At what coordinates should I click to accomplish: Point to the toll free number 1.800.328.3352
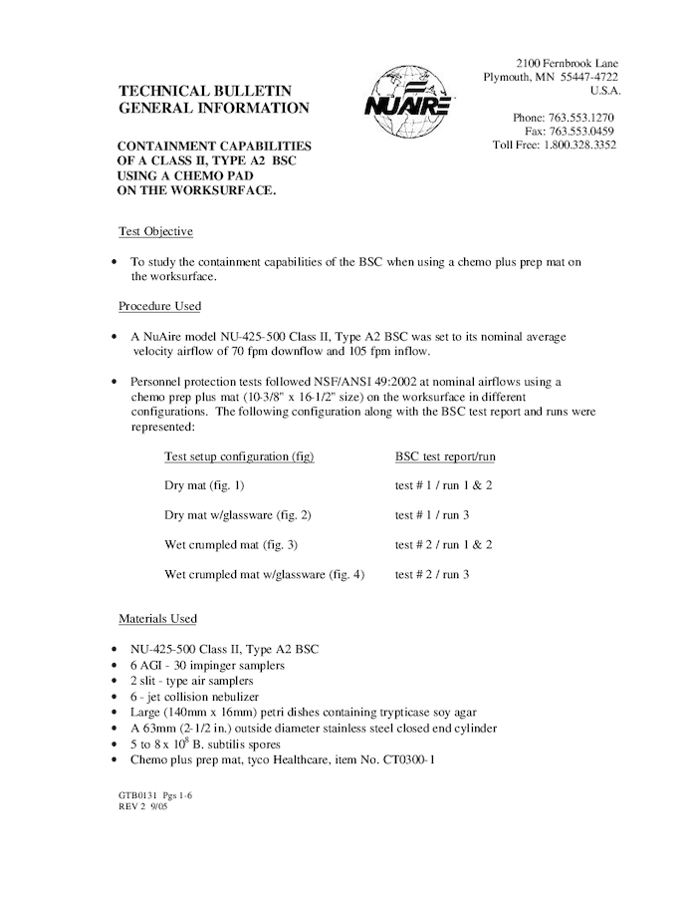[582, 145]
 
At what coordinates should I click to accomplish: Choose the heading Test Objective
[155, 231]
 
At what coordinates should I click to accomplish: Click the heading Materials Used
[157, 619]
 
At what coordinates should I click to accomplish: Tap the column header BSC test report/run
[445, 455]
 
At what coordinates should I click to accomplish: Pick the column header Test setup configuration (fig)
[239, 455]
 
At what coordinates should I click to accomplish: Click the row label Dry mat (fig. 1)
[204, 485]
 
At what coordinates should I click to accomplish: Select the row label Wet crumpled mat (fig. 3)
[231, 545]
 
